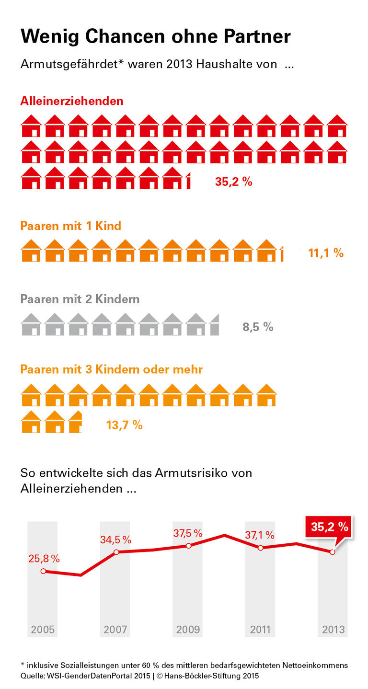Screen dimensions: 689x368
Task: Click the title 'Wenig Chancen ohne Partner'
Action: click(155, 36)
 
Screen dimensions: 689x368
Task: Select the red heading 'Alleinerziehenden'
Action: click(72, 101)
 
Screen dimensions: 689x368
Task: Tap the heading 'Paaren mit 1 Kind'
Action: click(71, 225)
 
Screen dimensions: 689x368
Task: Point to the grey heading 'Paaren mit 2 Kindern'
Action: click(80, 299)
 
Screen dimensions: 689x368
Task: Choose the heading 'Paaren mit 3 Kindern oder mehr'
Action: click(112, 369)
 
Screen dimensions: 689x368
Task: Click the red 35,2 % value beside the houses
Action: click(233, 182)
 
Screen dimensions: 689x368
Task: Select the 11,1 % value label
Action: click(326, 253)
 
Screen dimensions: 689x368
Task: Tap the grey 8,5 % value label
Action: click(258, 327)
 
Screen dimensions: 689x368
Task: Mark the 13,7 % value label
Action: click(124, 425)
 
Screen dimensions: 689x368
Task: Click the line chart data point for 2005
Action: click(43, 571)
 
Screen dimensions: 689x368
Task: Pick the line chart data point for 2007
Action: click(116, 552)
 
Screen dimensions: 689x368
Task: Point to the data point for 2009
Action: click(188, 546)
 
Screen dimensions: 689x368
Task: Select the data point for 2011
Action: click(260, 548)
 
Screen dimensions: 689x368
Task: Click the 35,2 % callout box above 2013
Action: click(330, 527)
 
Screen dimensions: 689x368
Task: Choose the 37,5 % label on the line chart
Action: click(188, 533)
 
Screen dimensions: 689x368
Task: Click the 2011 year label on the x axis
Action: click(260, 629)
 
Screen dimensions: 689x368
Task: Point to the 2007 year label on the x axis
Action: click(115, 629)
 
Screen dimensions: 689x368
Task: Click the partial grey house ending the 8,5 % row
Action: click(215, 325)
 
